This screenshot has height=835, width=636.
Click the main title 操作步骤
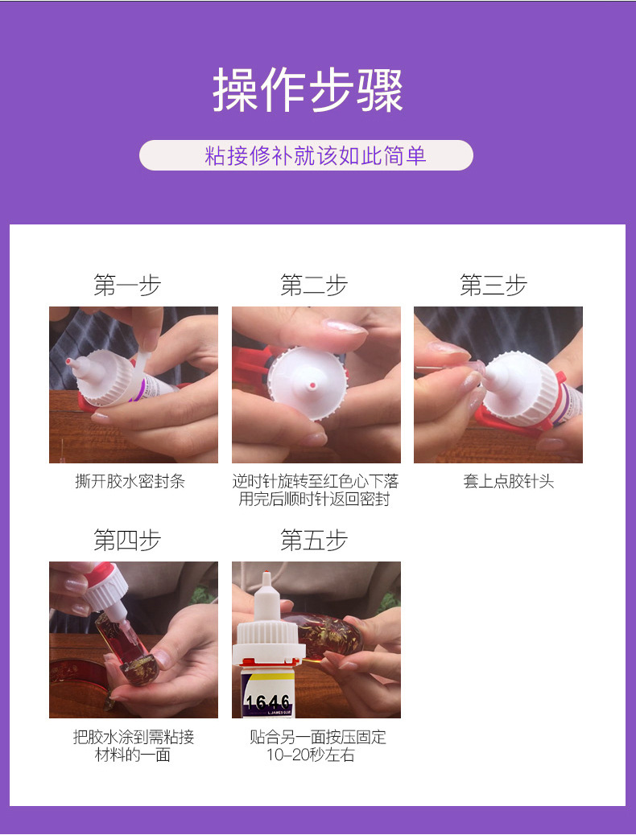[x=308, y=90]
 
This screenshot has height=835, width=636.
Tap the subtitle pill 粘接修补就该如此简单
[x=306, y=155]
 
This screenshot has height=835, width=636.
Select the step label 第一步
[x=127, y=286]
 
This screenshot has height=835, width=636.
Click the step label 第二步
[x=314, y=286]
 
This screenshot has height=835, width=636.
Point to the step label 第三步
[x=494, y=286]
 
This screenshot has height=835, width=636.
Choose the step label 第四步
[x=127, y=541]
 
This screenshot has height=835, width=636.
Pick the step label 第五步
[x=314, y=541]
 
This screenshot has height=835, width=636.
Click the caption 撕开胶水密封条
[x=130, y=481]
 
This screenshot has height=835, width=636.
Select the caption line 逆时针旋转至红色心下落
[x=316, y=481]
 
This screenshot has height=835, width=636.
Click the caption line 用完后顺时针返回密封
[x=315, y=500]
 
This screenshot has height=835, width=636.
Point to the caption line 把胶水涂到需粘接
[x=134, y=737]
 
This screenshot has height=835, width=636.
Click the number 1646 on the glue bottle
[x=268, y=703]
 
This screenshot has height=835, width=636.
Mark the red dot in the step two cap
[x=311, y=387]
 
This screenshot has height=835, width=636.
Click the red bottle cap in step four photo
[x=101, y=574]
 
